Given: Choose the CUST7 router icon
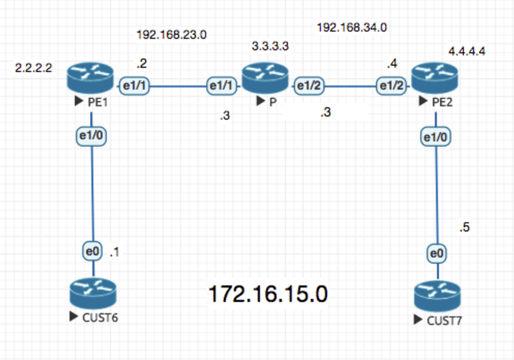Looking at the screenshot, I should (436, 297).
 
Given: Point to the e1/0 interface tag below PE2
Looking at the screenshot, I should (436, 137).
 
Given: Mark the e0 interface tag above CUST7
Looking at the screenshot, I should (438, 253).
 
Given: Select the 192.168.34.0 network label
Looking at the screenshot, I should (352, 27).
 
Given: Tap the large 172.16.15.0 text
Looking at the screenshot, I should (267, 295).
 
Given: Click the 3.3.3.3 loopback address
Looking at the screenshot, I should (270, 47).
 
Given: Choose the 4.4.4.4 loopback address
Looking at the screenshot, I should (466, 51).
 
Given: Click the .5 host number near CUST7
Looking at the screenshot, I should (464, 227).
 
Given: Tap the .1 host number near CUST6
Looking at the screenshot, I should (115, 251).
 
